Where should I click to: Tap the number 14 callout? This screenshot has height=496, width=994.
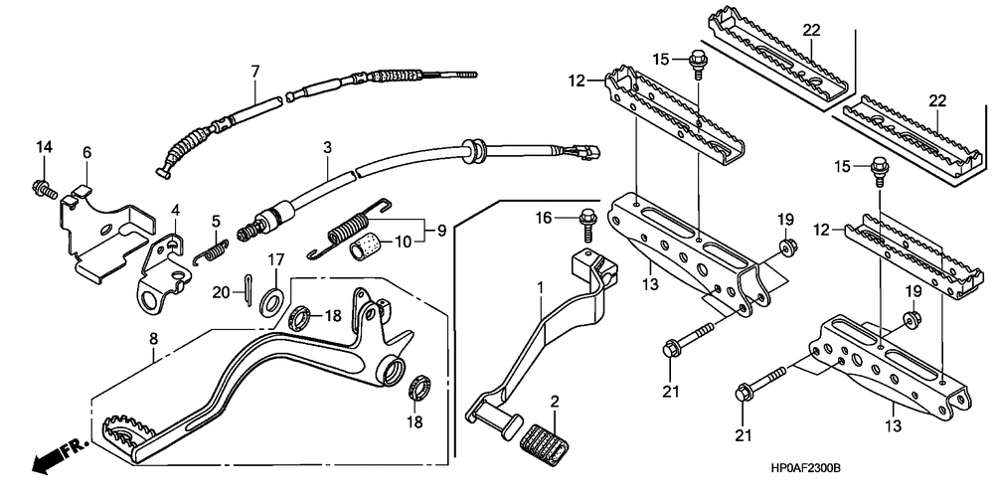point(43,149)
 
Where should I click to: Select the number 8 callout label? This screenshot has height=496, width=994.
point(153,339)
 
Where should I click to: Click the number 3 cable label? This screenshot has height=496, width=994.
point(326,148)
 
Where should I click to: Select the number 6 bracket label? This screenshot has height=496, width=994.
point(86,152)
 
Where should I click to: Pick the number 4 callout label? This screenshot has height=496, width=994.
point(175,210)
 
